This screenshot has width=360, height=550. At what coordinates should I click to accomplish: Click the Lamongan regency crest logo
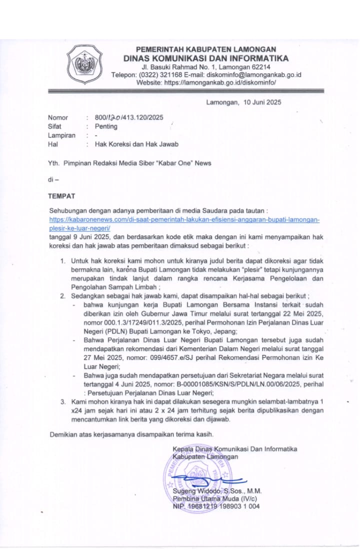(x=84, y=64)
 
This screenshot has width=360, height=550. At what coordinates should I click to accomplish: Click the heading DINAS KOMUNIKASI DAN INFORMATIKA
(x=206, y=58)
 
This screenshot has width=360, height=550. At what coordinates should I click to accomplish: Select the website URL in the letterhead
(x=220, y=82)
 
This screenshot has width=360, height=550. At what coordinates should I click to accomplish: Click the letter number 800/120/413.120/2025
(x=129, y=117)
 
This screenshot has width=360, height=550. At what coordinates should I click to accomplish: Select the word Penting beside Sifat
(x=106, y=126)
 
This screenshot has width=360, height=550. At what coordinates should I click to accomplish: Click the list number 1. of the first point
(x=63, y=261)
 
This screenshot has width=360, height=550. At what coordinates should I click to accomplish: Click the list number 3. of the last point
(x=63, y=401)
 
